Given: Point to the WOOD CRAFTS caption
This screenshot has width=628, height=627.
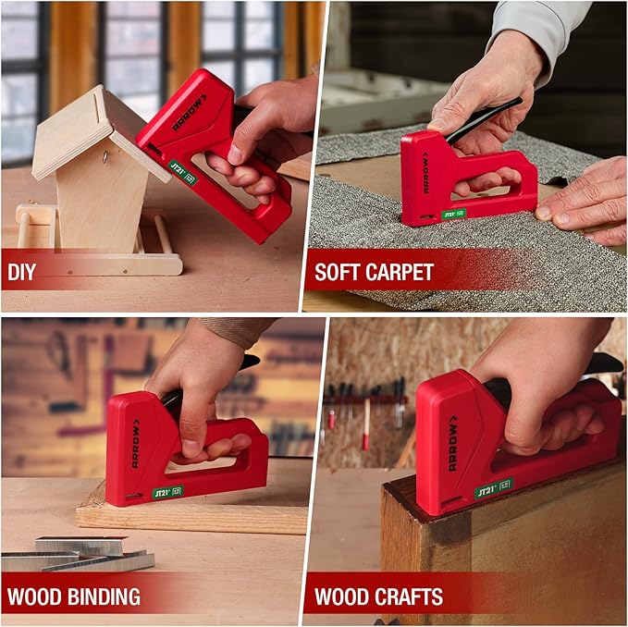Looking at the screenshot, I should point(378,596).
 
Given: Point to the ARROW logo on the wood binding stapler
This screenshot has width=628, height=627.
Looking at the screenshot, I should point(135,442).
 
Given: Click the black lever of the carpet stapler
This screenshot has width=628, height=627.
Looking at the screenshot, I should point(482,120).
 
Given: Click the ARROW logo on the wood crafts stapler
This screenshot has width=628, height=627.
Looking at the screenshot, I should point(452,445).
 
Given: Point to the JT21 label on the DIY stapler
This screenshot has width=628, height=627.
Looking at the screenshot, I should point(178,170).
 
